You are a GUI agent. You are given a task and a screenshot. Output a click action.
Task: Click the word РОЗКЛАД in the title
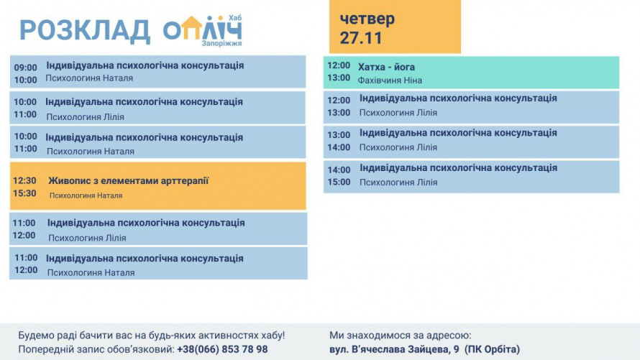85,31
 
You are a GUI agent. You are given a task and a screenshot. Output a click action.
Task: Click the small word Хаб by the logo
234,16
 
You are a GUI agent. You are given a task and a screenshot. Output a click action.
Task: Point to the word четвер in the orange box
367,19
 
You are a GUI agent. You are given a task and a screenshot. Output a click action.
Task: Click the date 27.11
361,38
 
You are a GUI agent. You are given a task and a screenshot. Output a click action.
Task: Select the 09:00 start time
25,68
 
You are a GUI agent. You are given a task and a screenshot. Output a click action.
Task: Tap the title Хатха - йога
386,67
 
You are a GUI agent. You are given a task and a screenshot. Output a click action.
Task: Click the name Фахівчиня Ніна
390,80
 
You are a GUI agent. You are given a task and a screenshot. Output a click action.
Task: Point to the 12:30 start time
24,180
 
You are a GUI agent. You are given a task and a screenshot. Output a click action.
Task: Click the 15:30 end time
24,193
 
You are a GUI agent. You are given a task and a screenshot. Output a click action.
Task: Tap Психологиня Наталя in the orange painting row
86,195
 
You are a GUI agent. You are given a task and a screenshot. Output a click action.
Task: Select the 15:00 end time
339,182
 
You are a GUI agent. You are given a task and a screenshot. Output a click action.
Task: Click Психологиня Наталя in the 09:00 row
89,78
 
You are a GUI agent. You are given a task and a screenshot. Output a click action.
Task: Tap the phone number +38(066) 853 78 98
222,349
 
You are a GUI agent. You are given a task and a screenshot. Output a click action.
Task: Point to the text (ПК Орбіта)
492,349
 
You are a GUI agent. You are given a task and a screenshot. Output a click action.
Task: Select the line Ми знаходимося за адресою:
401,335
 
